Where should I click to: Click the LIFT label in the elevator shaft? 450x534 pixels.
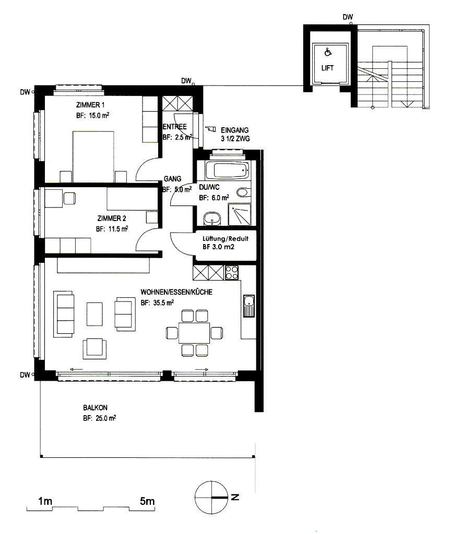pos(327,68)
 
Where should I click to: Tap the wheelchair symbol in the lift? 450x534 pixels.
pos(328,52)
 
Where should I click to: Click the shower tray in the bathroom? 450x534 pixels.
pos(239,214)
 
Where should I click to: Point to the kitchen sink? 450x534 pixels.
pos(249,306)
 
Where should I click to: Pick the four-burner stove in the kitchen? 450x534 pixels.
pos(232,272)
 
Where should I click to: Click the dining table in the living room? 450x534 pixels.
pos(194,333)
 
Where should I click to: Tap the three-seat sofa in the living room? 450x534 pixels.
pos(64,313)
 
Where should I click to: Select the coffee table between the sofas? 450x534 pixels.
pos(94,314)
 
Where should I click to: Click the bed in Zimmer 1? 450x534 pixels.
pos(93,156)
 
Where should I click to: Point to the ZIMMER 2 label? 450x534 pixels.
pos(112,219)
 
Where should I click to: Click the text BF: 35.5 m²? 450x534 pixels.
pos(157,302)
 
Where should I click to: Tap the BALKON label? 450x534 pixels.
pos(95,408)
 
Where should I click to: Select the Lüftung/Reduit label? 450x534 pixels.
pos(226,239)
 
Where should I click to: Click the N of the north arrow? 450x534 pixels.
pos(235,497)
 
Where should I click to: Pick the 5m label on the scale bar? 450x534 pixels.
pos(147,501)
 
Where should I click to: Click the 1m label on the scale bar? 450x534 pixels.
pos(45,501)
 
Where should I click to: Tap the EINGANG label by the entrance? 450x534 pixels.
pos(234,130)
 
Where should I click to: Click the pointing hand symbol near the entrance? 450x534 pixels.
pos(211,129)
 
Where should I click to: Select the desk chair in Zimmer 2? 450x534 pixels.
pos(69,199)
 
